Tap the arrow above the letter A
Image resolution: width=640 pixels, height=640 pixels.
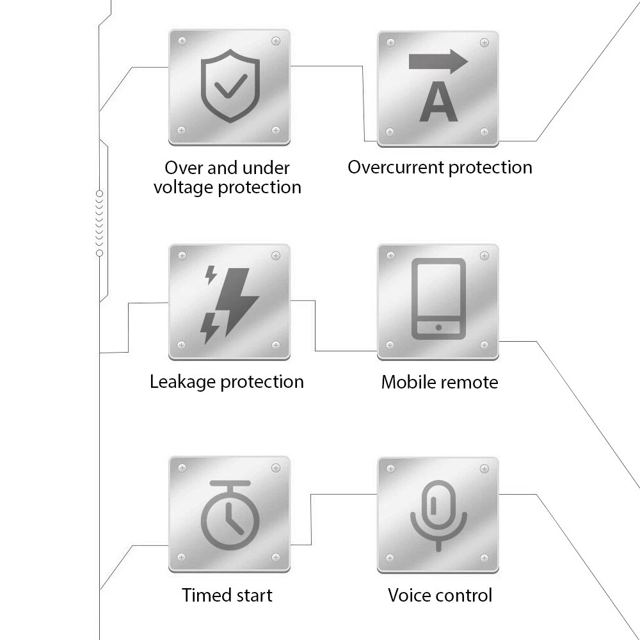click(438, 62)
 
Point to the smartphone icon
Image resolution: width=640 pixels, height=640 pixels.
click(438, 298)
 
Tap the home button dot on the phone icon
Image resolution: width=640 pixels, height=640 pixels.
click(438, 327)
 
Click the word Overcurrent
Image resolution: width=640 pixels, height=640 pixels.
click(396, 168)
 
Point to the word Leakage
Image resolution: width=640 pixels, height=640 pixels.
click(183, 382)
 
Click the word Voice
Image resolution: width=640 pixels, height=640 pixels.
click(410, 595)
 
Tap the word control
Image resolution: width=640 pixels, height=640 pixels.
click(465, 595)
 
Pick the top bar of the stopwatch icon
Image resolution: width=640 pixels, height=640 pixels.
click(230, 482)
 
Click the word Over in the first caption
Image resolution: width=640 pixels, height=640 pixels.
click(184, 168)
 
